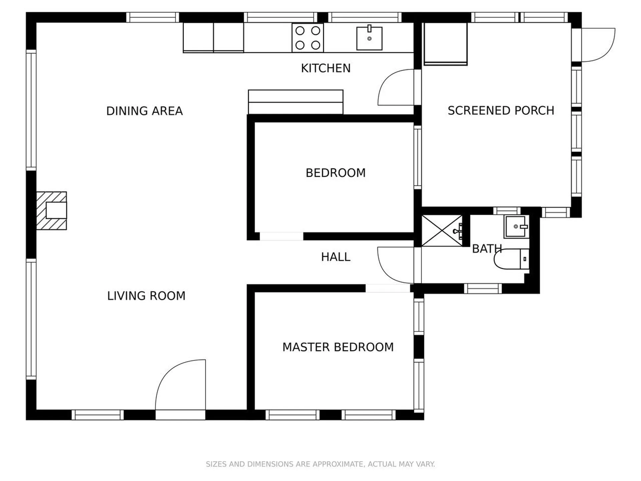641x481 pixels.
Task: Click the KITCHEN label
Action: [x=326, y=68]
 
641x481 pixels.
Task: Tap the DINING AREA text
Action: [x=144, y=111]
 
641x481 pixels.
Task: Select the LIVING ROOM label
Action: [x=146, y=296]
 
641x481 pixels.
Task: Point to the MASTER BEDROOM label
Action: [x=338, y=347]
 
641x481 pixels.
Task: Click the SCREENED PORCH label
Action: [x=501, y=111]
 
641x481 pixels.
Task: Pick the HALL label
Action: [x=336, y=257]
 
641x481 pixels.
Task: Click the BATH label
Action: [x=487, y=249]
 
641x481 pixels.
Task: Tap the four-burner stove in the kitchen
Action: [x=307, y=38]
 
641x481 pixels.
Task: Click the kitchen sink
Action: [x=369, y=38]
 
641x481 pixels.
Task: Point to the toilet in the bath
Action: [x=511, y=259]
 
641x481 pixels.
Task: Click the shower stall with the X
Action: [x=442, y=231]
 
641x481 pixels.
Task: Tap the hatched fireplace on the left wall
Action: [x=51, y=211]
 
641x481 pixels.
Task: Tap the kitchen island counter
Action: [x=295, y=102]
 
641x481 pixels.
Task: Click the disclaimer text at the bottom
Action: [x=320, y=464]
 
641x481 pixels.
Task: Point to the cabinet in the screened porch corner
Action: [x=445, y=44]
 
